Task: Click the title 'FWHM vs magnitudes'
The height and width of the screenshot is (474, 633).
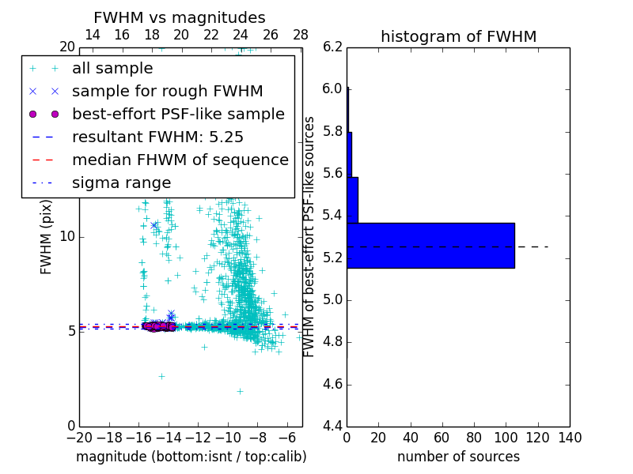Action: click(x=180, y=17)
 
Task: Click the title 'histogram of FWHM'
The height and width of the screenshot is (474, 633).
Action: click(x=458, y=36)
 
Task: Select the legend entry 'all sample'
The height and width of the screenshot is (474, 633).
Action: click(x=112, y=69)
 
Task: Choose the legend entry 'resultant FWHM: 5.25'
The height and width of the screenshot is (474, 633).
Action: click(x=157, y=137)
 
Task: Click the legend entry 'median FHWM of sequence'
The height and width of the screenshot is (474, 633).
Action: click(x=180, y=160)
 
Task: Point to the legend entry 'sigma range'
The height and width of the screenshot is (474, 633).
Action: click(x=121, y=183)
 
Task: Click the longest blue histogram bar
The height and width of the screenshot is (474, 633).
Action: click(x=430, y=246)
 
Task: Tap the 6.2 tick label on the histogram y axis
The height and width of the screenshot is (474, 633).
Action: click(x=333, y=47)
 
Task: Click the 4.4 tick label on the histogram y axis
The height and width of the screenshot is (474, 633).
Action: click(x=333, y=427)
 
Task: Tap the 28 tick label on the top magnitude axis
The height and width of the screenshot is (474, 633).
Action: click(x=301, y=35)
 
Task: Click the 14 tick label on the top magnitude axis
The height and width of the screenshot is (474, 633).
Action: click(x=92, y=35)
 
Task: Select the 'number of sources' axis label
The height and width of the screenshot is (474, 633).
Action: click(x=458, y=457)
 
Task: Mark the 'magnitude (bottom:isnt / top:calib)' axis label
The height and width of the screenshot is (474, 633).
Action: click(x=191, y=457)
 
